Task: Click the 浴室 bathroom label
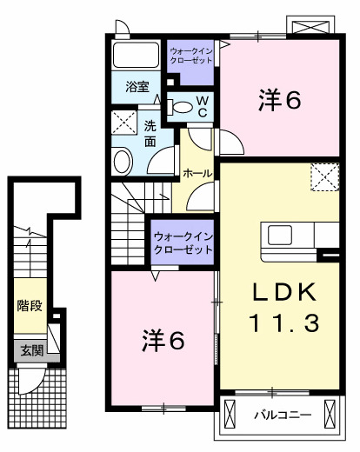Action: click(x=137, y=87)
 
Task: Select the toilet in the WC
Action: click(x=182, y=107)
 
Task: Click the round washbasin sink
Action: click(x=123, y=159)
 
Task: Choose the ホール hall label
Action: click(x=196, y=174)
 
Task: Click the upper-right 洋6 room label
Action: click(x=279, y=101)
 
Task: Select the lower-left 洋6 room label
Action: click(x=163, y=340)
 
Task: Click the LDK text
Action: click(x=280, y=291)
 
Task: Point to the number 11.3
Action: click(x=280, y=323)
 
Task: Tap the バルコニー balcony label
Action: click(x=282, y=415)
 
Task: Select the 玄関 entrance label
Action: click(x=31, y=351)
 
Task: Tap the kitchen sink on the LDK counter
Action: click(x=282, y=235)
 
